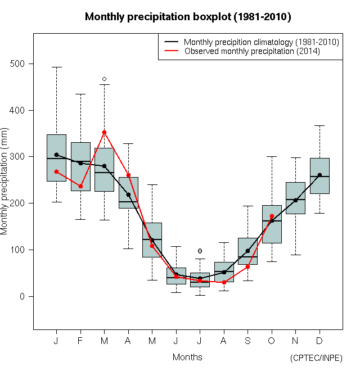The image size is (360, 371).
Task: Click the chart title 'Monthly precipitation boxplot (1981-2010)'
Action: (188, 17)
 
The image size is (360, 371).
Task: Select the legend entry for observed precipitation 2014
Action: (252, 51)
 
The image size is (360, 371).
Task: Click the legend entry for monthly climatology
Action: (261, 42)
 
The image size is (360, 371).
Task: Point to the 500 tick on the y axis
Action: (19, 64)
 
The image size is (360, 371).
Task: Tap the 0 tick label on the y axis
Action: (24, 296)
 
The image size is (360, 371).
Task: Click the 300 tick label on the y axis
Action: (19, 157)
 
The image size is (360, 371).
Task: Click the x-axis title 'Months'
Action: (187, 357)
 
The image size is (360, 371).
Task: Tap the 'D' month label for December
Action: (319, 341)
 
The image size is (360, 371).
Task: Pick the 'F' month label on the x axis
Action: (80, 341)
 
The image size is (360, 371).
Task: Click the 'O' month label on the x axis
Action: (272, 341)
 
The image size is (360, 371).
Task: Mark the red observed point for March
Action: (104, 132)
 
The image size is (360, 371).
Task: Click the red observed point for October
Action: (272, 216)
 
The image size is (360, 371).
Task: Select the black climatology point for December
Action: (319, 175)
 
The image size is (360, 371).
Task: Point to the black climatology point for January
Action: (56, 155)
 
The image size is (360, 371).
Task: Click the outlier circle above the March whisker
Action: (104, 79)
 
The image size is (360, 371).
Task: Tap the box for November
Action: (295, 198)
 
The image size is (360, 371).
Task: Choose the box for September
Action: (247, 251)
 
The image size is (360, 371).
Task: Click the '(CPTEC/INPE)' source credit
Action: (316, 358)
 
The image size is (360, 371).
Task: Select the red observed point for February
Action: (80, 186)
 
